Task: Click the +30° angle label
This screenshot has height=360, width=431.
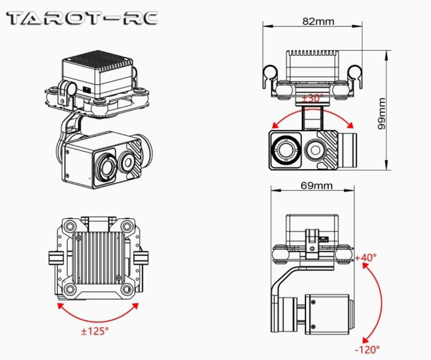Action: (312, 98)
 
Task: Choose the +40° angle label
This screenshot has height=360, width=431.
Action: (366, 257)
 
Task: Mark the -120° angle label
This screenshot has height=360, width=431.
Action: (368, 349)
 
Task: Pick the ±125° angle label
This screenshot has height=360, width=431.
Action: (95, 331)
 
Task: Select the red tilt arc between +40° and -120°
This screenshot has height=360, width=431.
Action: (380, 301)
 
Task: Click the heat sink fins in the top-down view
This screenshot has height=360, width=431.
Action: (100, 257)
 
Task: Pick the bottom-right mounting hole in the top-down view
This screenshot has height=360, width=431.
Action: (127, 289)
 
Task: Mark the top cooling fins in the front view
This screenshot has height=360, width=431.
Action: (312, 53)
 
